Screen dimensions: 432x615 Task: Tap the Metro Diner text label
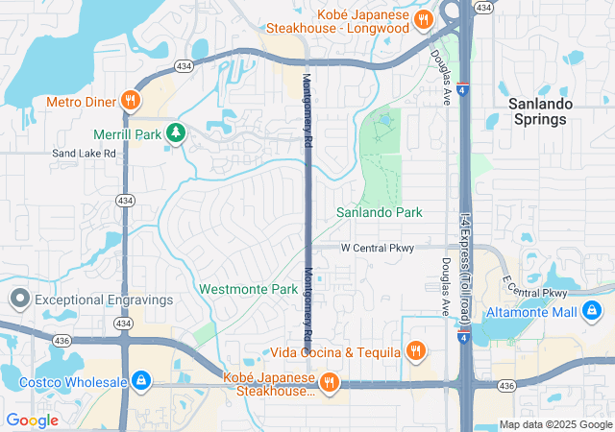[x=81, y=101]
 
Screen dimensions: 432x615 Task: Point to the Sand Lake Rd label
[x=84, y=153]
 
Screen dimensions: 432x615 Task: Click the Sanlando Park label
[x=380, y=212]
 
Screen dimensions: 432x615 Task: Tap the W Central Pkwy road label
[x=378, y=248]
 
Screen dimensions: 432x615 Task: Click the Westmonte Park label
[x=248, y=289]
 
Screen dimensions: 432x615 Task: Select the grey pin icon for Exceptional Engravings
[x=18, y=300]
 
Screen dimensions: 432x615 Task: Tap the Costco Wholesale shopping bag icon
[x=141, y=382]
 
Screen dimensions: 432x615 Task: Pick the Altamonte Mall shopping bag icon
[x=592, y=311]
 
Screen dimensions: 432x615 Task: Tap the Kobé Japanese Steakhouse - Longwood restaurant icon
[x=423, y=18]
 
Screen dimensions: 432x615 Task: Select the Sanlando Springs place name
[x=539, y=111]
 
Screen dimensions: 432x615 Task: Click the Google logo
[x=32, y=420]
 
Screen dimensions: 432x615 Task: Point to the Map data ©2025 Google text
[x=554, y=424]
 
